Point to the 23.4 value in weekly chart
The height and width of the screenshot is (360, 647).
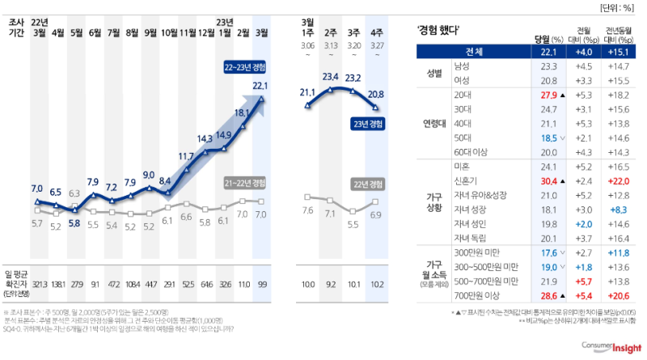tap(330, 77)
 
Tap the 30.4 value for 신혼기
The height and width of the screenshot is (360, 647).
tap(548, 180)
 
